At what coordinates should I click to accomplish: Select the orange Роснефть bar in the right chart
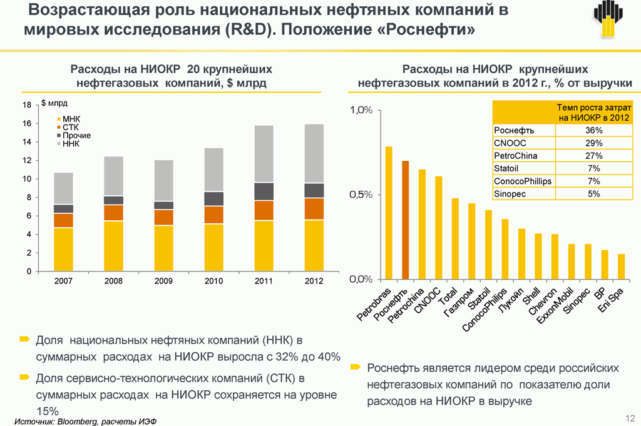pyautogui.click(x=406, y=220)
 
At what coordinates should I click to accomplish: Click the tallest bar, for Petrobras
pyautogui.click(x=389, y=213)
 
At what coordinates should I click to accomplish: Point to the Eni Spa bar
pyautogui.click(x=622, y=266)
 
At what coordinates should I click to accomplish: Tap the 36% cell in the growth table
pyautogui.click(x=593, y=130)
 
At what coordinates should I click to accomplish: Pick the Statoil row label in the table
pyautogui.click(x=507, y=169)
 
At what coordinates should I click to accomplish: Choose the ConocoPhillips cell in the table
pyautogui.click(x=523, y=181)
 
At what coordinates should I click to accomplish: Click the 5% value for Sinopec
pyautogui.click(x=593, y=194)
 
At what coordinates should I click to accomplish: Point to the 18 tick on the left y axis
pyautogui.click(x=27, y=106)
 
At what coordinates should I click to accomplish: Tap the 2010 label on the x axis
pyautogui.click(x=213, y=281)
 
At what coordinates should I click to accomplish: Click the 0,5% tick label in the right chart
pyautogui.click(x=361, y=195)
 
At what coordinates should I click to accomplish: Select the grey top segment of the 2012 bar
pyautogui.click(x=314, y=153)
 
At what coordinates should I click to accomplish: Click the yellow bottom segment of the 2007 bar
pyautogui.click(x=63, y=250)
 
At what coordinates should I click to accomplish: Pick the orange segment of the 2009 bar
pyautogui.click(x=163, y=217)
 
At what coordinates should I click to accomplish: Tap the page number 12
pyautogui.click(x=630, y=417)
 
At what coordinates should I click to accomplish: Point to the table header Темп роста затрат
pyautogui.click(x=592, y=112)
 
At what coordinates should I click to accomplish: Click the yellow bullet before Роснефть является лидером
pyautogui.click(x=356, y=366)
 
